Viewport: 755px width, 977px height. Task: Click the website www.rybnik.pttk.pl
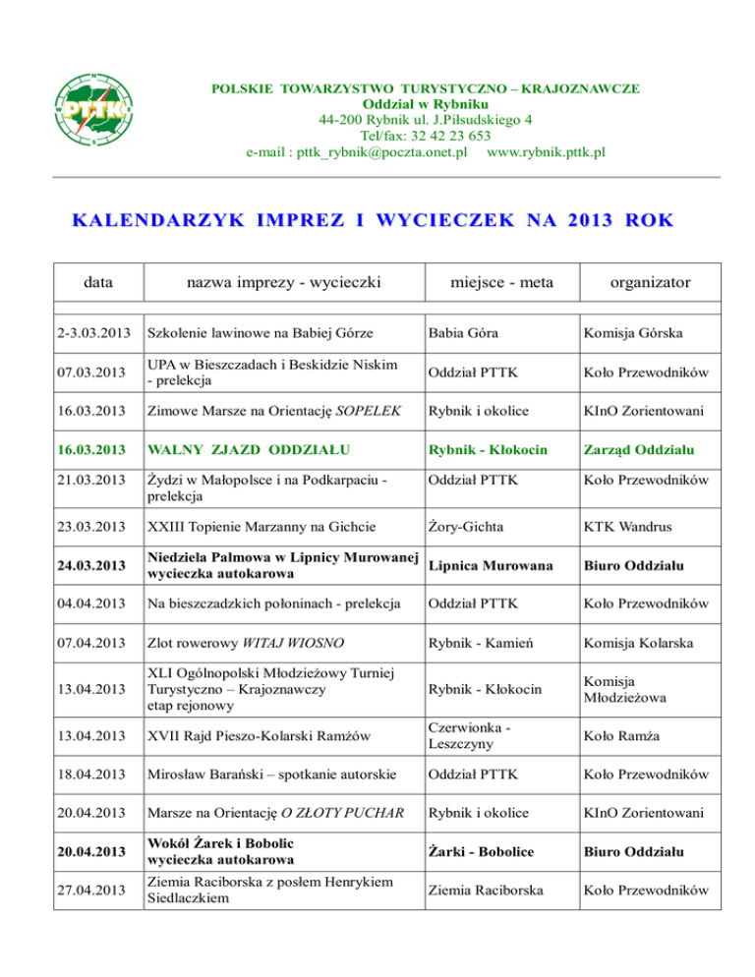click(546, 153)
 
